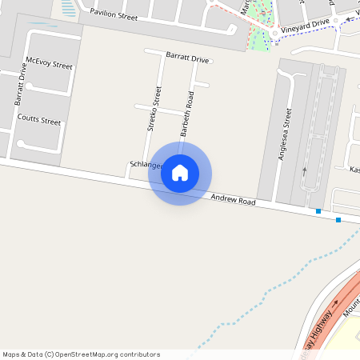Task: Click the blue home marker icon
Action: click(180, 172)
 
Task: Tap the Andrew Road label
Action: click(233, 200)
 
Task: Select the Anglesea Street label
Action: click(284, 135)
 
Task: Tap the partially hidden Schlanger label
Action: click(145, 164)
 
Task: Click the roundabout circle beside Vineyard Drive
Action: click(274, 34)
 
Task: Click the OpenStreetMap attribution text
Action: click(81, 354)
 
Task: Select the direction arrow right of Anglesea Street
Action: click(304, 170)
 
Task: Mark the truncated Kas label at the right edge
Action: click(354, 170)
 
